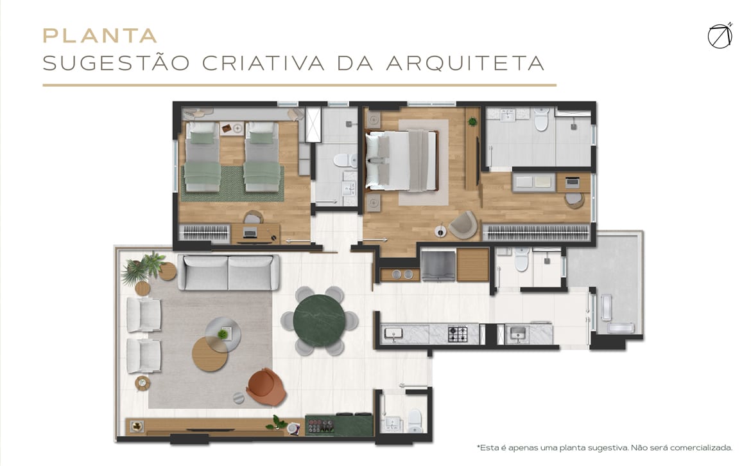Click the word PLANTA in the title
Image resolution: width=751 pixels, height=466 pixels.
[x=99, y=35]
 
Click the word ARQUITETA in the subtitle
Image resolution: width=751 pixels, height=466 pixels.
[x=465, y=63]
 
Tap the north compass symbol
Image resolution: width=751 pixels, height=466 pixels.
[x=720, y=36]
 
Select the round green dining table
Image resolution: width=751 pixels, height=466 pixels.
[x=319, y=320]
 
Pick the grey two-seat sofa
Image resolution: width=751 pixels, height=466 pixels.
[x=229, y=273]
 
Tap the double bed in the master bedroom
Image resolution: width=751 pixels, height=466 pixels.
[x=402, y=161]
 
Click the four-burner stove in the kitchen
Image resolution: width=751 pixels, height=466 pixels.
[x=458, y=334]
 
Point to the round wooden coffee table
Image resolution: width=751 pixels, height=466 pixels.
[x=209, y=354]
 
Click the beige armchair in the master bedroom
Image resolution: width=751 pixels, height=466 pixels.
[x=463, y=224]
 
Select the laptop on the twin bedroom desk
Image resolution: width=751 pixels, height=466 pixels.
[x=250, y=233]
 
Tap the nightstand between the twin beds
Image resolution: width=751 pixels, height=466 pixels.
[x=232, y=129]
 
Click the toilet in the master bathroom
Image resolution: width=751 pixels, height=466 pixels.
[x=541, y=119]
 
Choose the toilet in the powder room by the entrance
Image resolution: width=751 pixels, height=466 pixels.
[x=415, y=420]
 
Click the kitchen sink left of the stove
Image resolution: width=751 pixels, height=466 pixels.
[x=393, y=334]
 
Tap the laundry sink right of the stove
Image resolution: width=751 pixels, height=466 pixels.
[x=517, y=333]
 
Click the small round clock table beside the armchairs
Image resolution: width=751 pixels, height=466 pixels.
[x=142, y=383]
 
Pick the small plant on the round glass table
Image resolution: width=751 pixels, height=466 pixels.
[x=223, y=334]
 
